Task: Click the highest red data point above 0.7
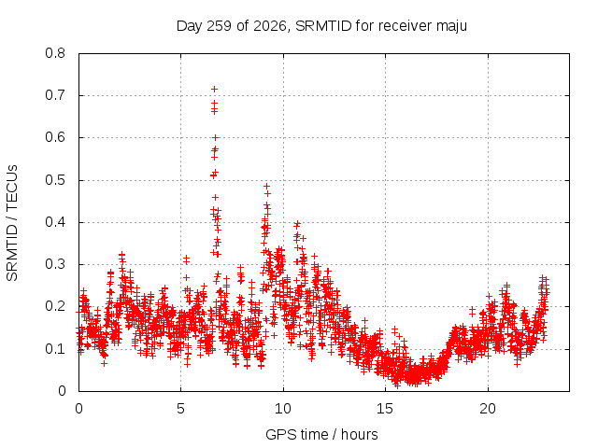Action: click(x=214, y=90)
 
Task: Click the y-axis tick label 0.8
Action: click(x=55, y=53)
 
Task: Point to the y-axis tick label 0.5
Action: click(x=55, y=180)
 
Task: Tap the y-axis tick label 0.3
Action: click(x=55, y=264)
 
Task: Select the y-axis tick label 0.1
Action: click(x=55, y=349)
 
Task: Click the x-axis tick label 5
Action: click(x=180, y=409)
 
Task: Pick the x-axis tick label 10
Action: click(x=283, y=409)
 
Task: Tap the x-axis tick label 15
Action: click(x=385, y=409)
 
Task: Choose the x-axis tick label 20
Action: click(x=488, y=409)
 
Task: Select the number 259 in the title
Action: click(x=220, y=26)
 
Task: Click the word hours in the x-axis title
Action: click(x=359, y=434)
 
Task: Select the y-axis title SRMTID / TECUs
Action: click(x=12, y=223)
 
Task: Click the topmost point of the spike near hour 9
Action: click(x=267, y=187)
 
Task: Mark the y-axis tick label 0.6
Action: click(x=55, y=137)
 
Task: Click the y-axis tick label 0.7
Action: click(x=55, y=95)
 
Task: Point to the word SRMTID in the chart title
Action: click(x=323, y=26)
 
